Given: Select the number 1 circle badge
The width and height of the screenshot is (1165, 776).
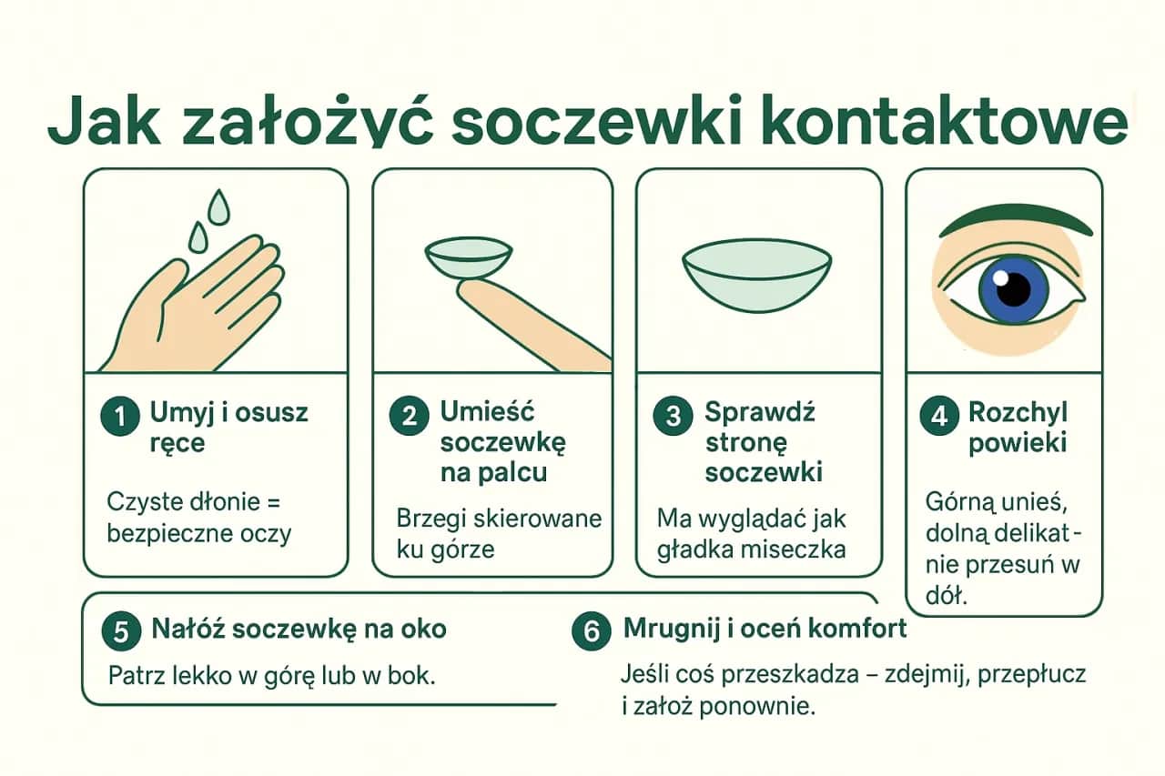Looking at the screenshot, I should pyautogui.click(x=120, y=418).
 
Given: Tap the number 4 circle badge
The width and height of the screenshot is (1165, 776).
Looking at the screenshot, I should pyautogui.click(x=939, y=418).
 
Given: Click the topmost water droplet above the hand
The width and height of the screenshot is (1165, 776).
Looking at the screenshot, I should pyautogui.click(x=218, y=206).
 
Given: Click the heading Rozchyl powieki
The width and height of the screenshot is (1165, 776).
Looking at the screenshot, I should pyautogui.click(x=1017, y=428).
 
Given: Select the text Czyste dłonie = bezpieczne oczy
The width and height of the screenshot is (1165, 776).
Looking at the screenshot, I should pyautogui.click(x=198, y=517).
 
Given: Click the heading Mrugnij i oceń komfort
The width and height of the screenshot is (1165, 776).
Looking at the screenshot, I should pyautogui.click(x=765, y=629).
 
